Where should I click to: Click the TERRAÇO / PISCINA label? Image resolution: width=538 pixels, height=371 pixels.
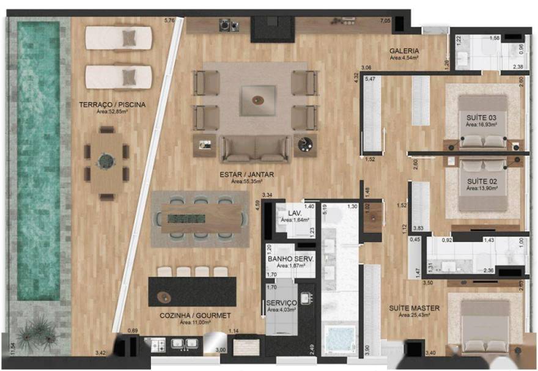pos(112,105)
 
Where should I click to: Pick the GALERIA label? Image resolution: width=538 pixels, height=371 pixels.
pos(404,51)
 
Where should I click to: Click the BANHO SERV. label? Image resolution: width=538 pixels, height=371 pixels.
pos(290,259)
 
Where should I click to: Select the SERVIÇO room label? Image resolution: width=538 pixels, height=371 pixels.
pos(282,303)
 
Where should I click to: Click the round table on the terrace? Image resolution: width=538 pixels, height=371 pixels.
pos(107,161)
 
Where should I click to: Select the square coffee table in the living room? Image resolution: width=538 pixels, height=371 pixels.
pos(255,98)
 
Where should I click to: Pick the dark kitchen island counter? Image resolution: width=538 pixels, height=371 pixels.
pos(192,292)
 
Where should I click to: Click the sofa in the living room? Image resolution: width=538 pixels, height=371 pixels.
pos(255,149)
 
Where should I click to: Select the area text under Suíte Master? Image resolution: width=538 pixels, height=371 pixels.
pos(414,315)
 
